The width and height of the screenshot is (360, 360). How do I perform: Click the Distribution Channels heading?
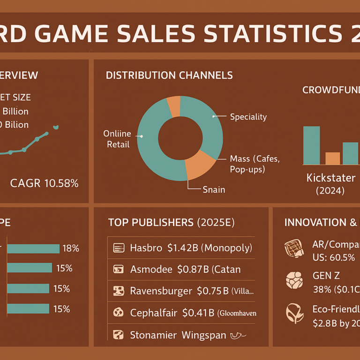(x=169, y=75)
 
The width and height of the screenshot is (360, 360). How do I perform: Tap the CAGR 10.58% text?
(x=44, y=183)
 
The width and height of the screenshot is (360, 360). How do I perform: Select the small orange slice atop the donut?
(x=173, y=106)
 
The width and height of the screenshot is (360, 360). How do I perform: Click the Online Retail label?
(x=117, y=139)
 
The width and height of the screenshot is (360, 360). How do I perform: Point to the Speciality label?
(x=248, y=117)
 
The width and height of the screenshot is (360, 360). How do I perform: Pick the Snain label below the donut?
(x=214, y=189)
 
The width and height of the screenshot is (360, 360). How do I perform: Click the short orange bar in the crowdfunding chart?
(x=332, y=158)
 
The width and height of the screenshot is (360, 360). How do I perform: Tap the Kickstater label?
(x=331, y=178)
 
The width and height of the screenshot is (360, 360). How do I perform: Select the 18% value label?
(x=71, y=248)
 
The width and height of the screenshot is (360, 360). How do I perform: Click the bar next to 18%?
(x=33, y=249)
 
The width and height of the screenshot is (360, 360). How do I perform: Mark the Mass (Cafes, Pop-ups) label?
(x=255, y=164)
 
